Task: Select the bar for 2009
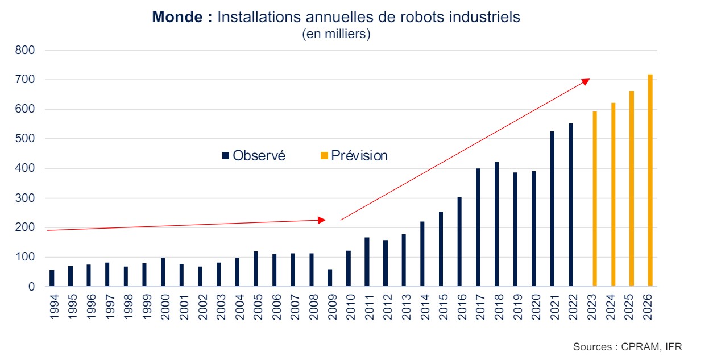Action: tap(330, 278)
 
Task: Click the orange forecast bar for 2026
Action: tap(650, 180)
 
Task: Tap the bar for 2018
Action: tap(496, 224)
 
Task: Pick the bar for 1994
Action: tap(52, 278)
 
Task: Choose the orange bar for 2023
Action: tap(595, 199)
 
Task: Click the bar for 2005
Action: tap(255, 269)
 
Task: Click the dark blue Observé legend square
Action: tap(225, 156)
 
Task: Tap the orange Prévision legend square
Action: tap(325, 156)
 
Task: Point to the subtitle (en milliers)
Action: tap(336, 34)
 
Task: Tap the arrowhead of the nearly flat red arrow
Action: tap(322, 220)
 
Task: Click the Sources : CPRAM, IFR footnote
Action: tap(627, 346)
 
